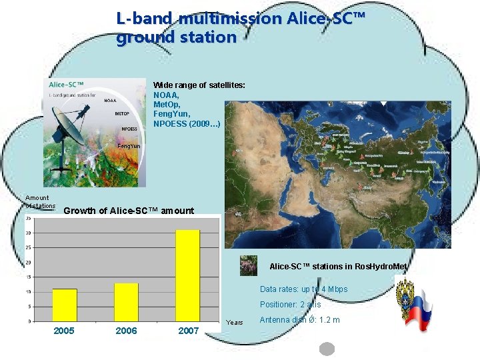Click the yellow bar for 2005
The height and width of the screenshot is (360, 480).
(x=65, y=305)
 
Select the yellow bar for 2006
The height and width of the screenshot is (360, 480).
(x=125, y=302)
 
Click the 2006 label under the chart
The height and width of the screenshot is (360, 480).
(x=126, y=331)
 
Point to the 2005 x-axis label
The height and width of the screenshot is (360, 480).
(x=64, y=331)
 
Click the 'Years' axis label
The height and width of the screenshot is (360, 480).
(x=235, y=323)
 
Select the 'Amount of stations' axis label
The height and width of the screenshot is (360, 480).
(x=39, y=201)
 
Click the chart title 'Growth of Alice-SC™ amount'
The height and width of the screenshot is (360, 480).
(x=128, y=211)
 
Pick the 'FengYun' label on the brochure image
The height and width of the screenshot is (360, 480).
(x=128, y=145)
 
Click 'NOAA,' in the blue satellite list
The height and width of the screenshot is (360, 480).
(x=167, y=95)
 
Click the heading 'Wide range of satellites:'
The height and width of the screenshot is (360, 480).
(x=199, y=85)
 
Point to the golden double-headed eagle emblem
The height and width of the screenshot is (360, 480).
(x=405, y=293)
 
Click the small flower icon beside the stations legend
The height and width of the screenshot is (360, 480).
(x=248, y=265)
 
